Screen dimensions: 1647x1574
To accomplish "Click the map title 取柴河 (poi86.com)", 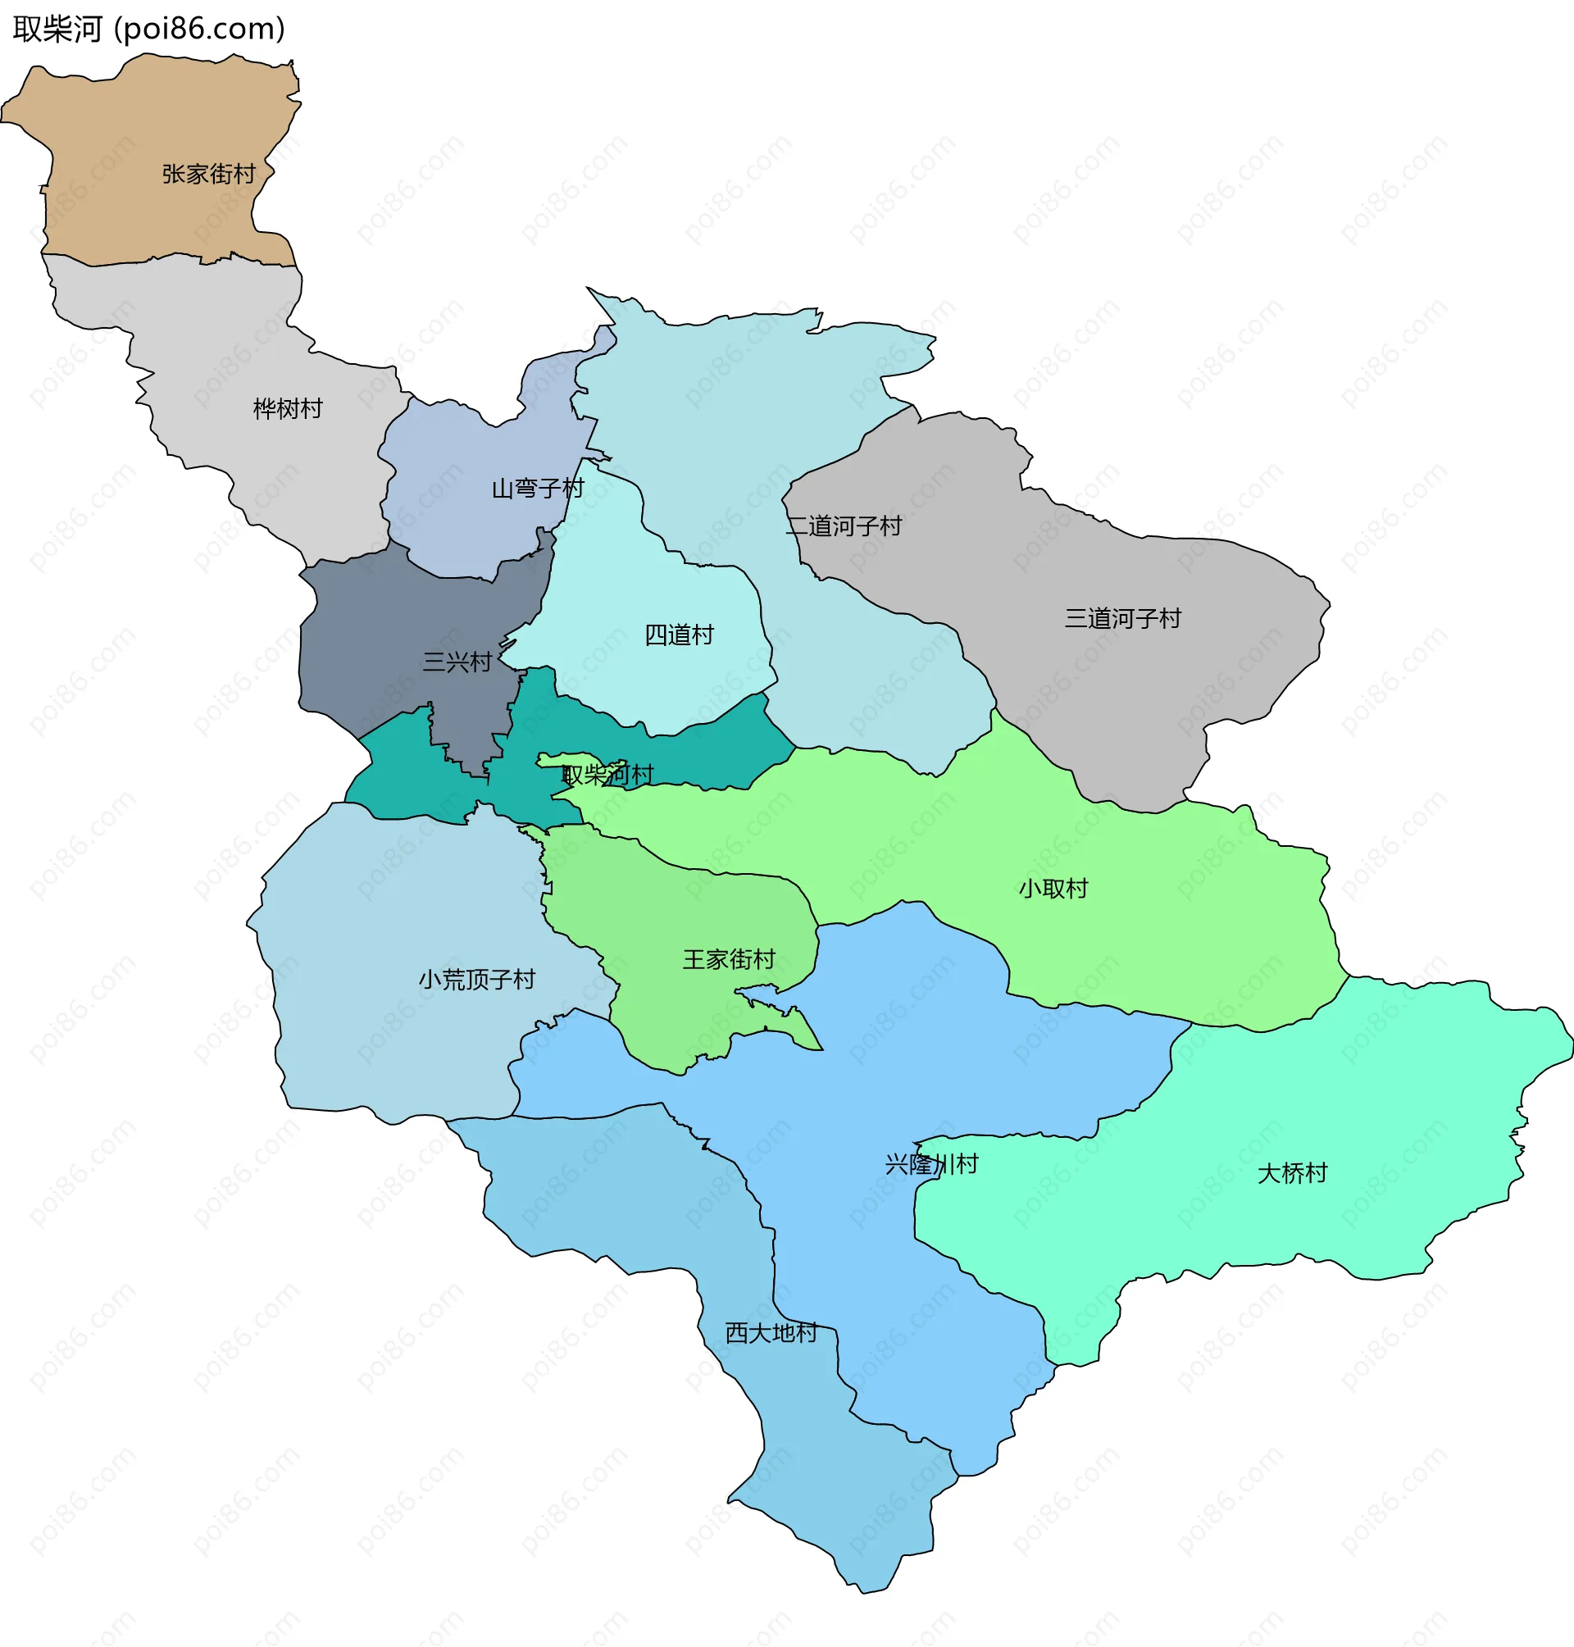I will [149, 30].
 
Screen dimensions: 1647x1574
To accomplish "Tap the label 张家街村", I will [209, 174].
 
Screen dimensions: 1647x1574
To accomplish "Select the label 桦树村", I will [288, 408].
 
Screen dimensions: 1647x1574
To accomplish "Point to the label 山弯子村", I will [538, 488].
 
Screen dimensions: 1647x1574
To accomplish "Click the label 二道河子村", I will [844, 526].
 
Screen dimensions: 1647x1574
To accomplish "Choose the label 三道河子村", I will [1122, 618].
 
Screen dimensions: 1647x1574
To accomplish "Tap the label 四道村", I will [679, 635].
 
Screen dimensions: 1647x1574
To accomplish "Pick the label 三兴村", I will [457, 662].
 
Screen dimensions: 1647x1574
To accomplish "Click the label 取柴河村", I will [607, 774].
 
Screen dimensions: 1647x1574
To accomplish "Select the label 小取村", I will [1053, 888].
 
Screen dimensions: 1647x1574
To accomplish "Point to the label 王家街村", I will [728, 959].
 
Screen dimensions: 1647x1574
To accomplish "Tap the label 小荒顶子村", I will [476, 979].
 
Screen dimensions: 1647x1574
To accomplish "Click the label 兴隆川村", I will [931, 1164].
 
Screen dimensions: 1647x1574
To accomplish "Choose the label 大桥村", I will [1292, 1173].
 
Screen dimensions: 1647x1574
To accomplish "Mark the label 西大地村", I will [771, 1332].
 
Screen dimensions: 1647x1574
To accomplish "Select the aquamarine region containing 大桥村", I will [1343, 1090].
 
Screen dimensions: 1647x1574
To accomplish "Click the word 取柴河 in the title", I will [57, 30].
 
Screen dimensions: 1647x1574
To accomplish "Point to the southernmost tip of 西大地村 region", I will [862, 1591].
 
